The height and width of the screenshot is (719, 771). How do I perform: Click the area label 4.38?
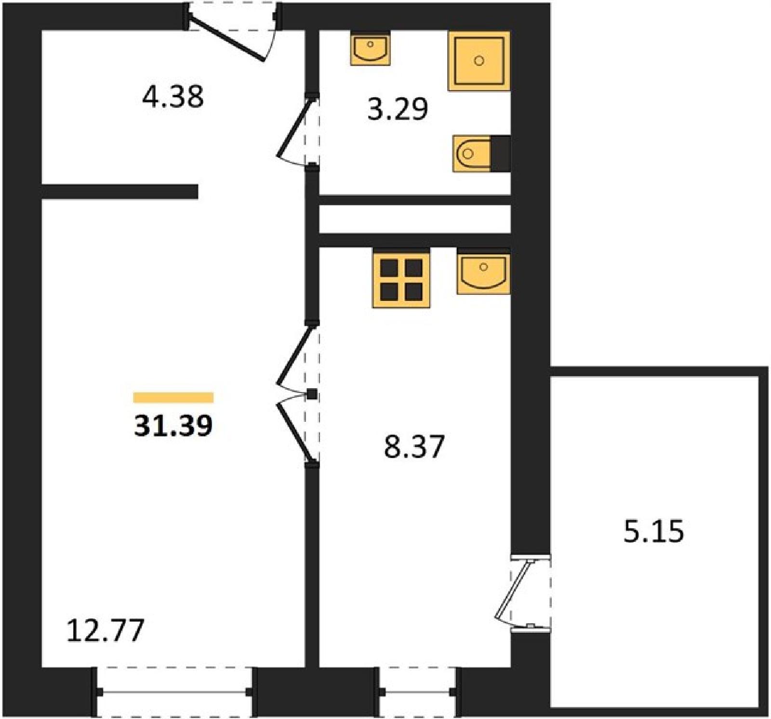tap(173, 96)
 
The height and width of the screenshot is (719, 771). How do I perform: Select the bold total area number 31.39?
tap(173, 426)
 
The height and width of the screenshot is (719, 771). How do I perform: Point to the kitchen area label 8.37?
tap(414, 446)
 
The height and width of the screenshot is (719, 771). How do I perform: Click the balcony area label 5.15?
tap(654, 532)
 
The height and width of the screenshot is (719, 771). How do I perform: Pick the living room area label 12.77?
tap(105, 630)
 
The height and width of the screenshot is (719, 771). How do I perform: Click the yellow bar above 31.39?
tap(173, 397)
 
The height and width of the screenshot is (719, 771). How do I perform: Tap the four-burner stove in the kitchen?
tap(401, 278)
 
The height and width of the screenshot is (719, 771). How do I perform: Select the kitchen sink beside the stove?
tap(483, 273)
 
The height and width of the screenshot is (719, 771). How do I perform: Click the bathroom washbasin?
tap(370, 49)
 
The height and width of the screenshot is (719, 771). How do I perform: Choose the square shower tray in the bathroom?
tap(479, 61)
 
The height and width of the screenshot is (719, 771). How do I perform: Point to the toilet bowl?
tap(472, 154)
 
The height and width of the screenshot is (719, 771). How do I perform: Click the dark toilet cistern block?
tap(500, 154)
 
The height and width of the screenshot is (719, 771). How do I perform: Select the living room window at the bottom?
tap(174, 693)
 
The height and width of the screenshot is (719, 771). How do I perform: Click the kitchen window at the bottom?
tap(418, 693)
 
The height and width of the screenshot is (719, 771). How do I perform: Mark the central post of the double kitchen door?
tap(312, 394)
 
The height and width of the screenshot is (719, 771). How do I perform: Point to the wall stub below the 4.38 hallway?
tap(120, 192)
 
